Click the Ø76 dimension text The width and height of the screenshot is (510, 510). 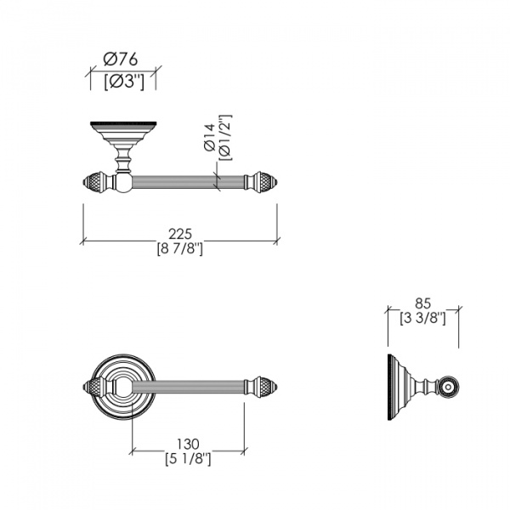pyautogui.click(x=121, y=59)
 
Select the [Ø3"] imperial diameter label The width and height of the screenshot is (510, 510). pyautogui.click(x=124, y=82)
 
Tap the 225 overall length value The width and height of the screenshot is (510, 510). pyautogui.click(x=180, y=234)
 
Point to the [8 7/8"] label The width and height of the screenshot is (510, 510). pyautogui.click(x=180, y=249)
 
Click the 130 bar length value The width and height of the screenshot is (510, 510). pyautogui.click(x=188, y=444)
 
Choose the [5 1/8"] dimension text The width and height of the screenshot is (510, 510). pyautogui.click(x=188, y=459)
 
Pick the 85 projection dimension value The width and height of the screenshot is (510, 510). pyautogui.click(x=422, y=303)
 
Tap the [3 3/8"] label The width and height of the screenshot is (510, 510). pyautogui.click(x=422, y=318)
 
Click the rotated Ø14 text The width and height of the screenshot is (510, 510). pyautogui.click(x=210, y=138)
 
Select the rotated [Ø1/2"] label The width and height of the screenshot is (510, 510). pyautogui.click(x=225, y=138)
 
